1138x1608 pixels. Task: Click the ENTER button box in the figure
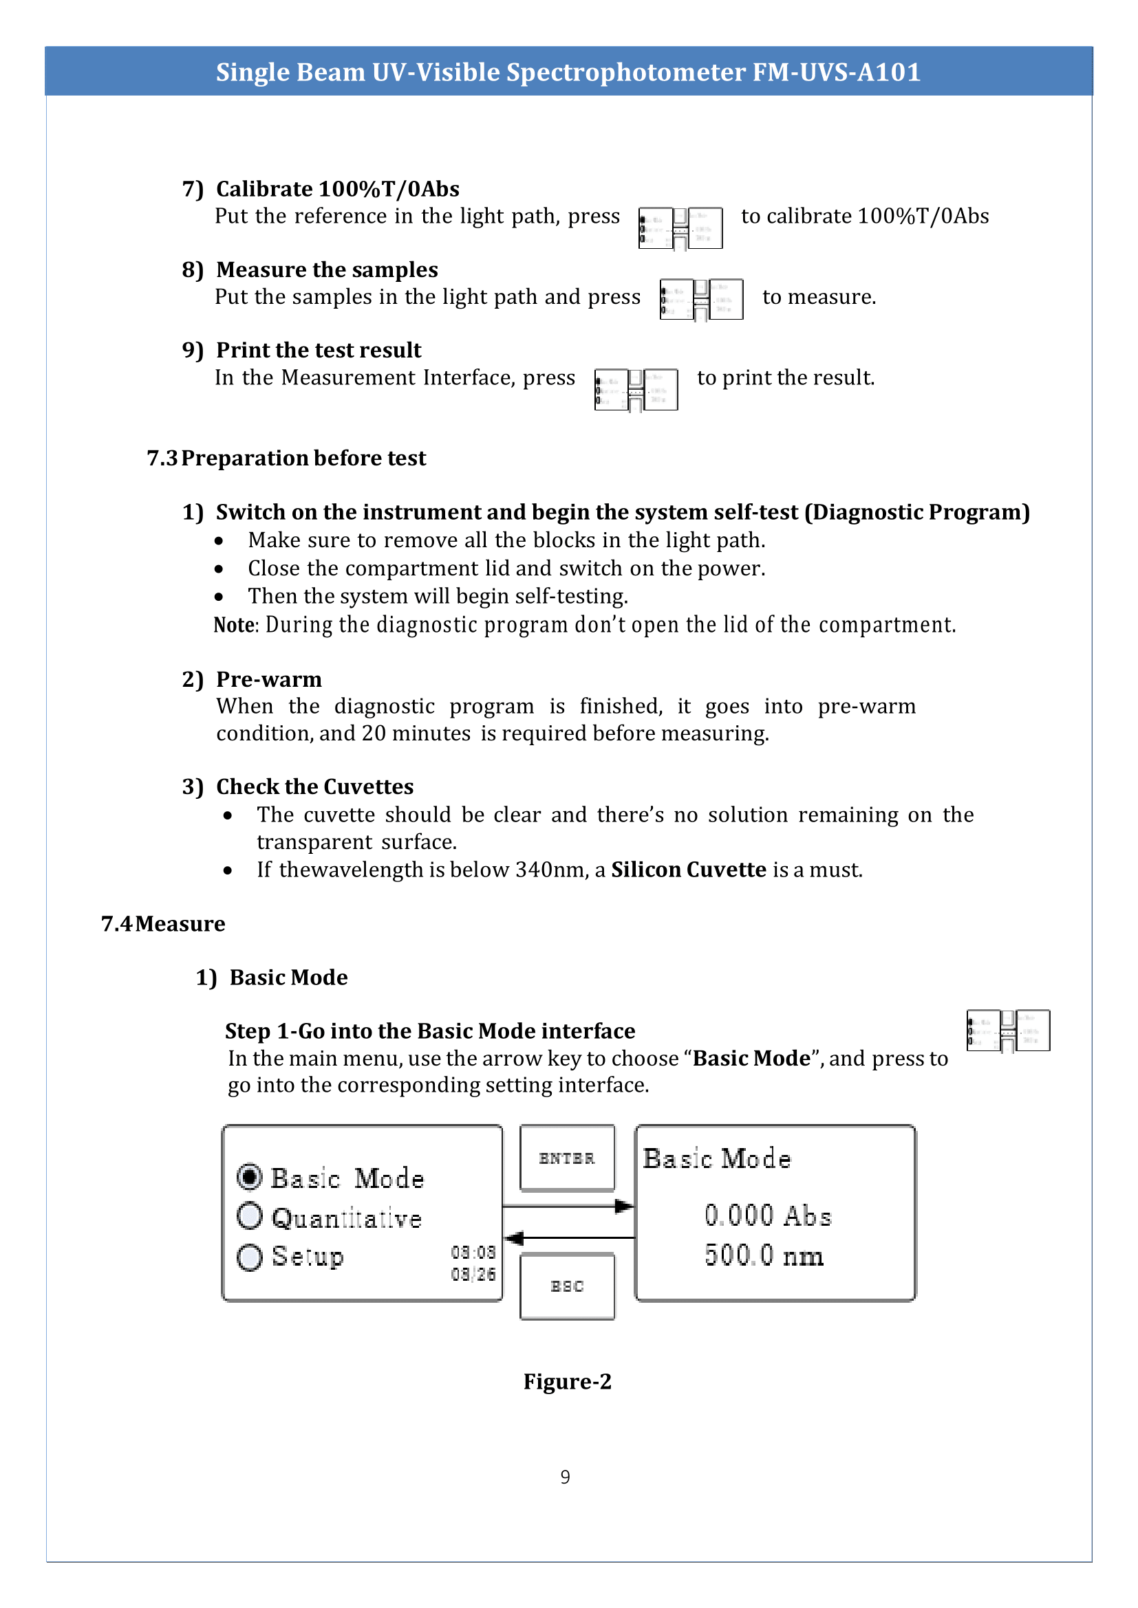tap(567, 1158)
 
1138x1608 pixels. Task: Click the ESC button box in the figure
tap(567, 1286)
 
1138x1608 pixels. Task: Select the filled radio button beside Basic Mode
tap(250, 1177)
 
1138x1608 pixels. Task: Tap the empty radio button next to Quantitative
tap(250, 1217)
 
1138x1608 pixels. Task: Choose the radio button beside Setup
tap(250, 1257)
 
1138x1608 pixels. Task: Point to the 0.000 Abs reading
tap(767, 1216)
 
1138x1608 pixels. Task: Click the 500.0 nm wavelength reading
tap(764, 1255)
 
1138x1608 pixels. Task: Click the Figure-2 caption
tap(567, 1381)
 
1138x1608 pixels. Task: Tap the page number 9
tap(565, 1477)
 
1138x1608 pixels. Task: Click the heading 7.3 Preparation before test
tap(286, 458)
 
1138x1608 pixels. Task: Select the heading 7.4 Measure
tap(162, 924)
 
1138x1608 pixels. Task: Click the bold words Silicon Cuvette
tap(688, 870)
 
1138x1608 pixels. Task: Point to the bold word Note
tap(234, 625)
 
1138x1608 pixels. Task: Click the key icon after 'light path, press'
tap(680, 228)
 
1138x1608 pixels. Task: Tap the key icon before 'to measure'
tap(700, 300)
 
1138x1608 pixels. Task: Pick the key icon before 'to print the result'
tap(636, 390)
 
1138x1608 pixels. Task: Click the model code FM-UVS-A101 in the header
tap(836, 72)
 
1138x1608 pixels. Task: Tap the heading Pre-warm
tap(269, 679)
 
